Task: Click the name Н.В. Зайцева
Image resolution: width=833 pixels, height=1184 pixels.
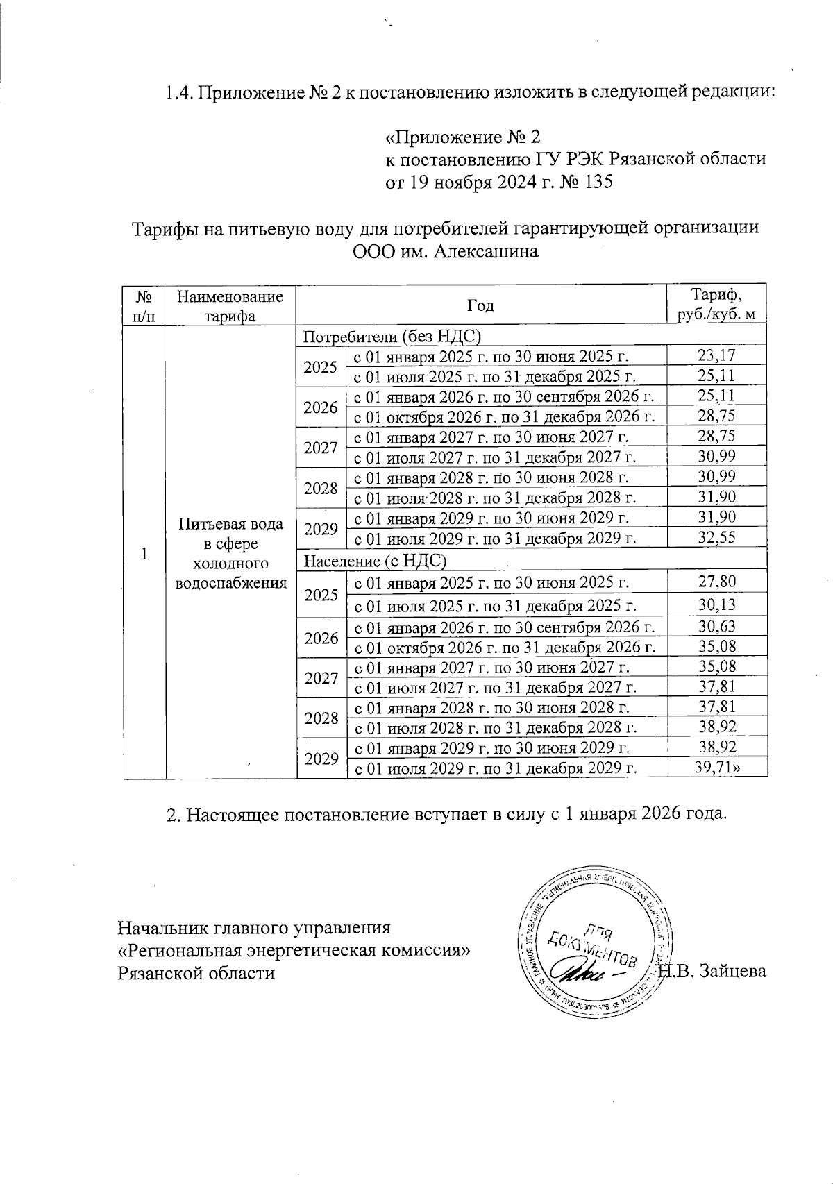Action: coord(715,972)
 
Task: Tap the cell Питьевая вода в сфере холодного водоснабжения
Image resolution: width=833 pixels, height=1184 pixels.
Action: coord(231,554)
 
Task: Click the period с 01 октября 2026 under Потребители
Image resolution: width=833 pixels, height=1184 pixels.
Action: coord(505,416)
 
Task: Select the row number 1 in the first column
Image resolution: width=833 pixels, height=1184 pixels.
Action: coord(144,554)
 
